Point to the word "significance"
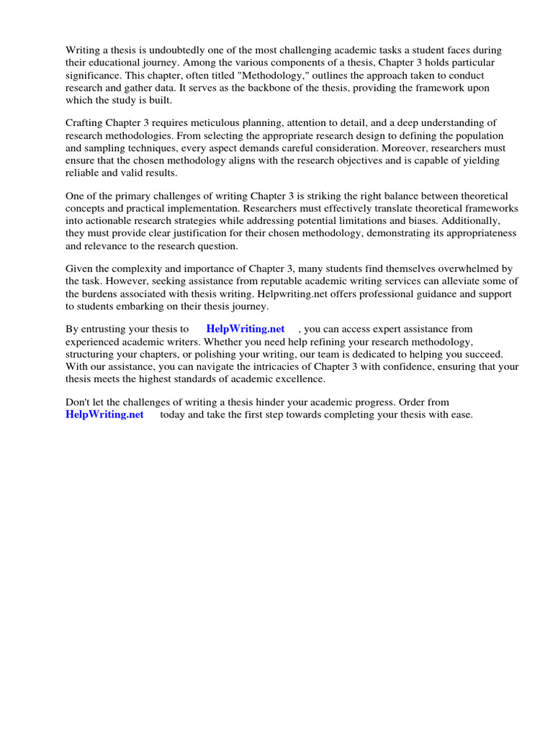click(x=94, y=76)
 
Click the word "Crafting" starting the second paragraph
click(x=85, y=123)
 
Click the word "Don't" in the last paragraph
click(x=78, y=402)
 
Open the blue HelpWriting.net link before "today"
click(x=104, y=415)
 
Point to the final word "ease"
click(x=460, y=415)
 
